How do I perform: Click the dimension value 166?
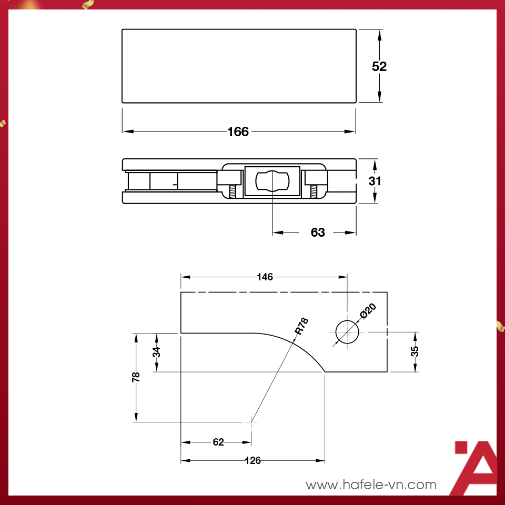pyautogui.click(x=238, y=132)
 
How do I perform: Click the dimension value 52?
pyautogui.click(x=379, y=67)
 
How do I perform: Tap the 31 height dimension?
pyautogui.click(x=375, y=181)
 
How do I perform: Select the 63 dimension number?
pyautogui.click(x=318, y=233)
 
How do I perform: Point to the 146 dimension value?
pyautogui.click(x=265, y=277)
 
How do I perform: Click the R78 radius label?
pyautogui.click(x=301, y=326)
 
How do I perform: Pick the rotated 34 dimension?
pyautogui.click(x=157, y=352)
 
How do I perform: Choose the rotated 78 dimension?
pyautogui.click(x=136, y=377)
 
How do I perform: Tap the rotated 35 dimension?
pyautogui.click(x=415, y=351)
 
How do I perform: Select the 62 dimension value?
pyautogui.click(x=218, y=442)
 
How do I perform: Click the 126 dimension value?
pyautogui.click(x=253, y=461)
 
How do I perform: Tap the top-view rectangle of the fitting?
pyautogui.click(x=239, y=66)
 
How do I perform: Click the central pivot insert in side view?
pyautogui.click(x=272, y=181)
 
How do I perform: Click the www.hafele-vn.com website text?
pyautogui.click(x=371, y=484)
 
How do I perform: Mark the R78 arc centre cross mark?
pyautogui.click(x=252, y=421)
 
